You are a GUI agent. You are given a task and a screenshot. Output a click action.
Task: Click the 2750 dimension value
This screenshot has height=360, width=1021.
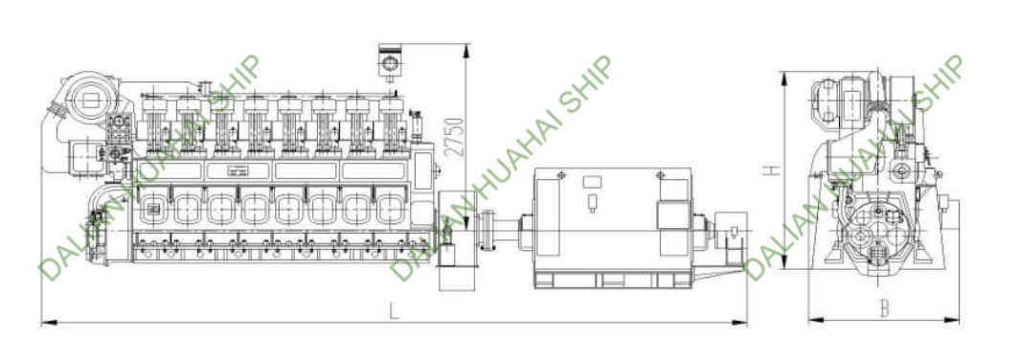[x=457, y=137]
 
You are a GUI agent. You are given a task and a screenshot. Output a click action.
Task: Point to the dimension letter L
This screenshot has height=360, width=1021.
[x=394, y=311]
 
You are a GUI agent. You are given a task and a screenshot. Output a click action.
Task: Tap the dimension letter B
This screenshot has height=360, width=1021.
[x=884, y=308]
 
